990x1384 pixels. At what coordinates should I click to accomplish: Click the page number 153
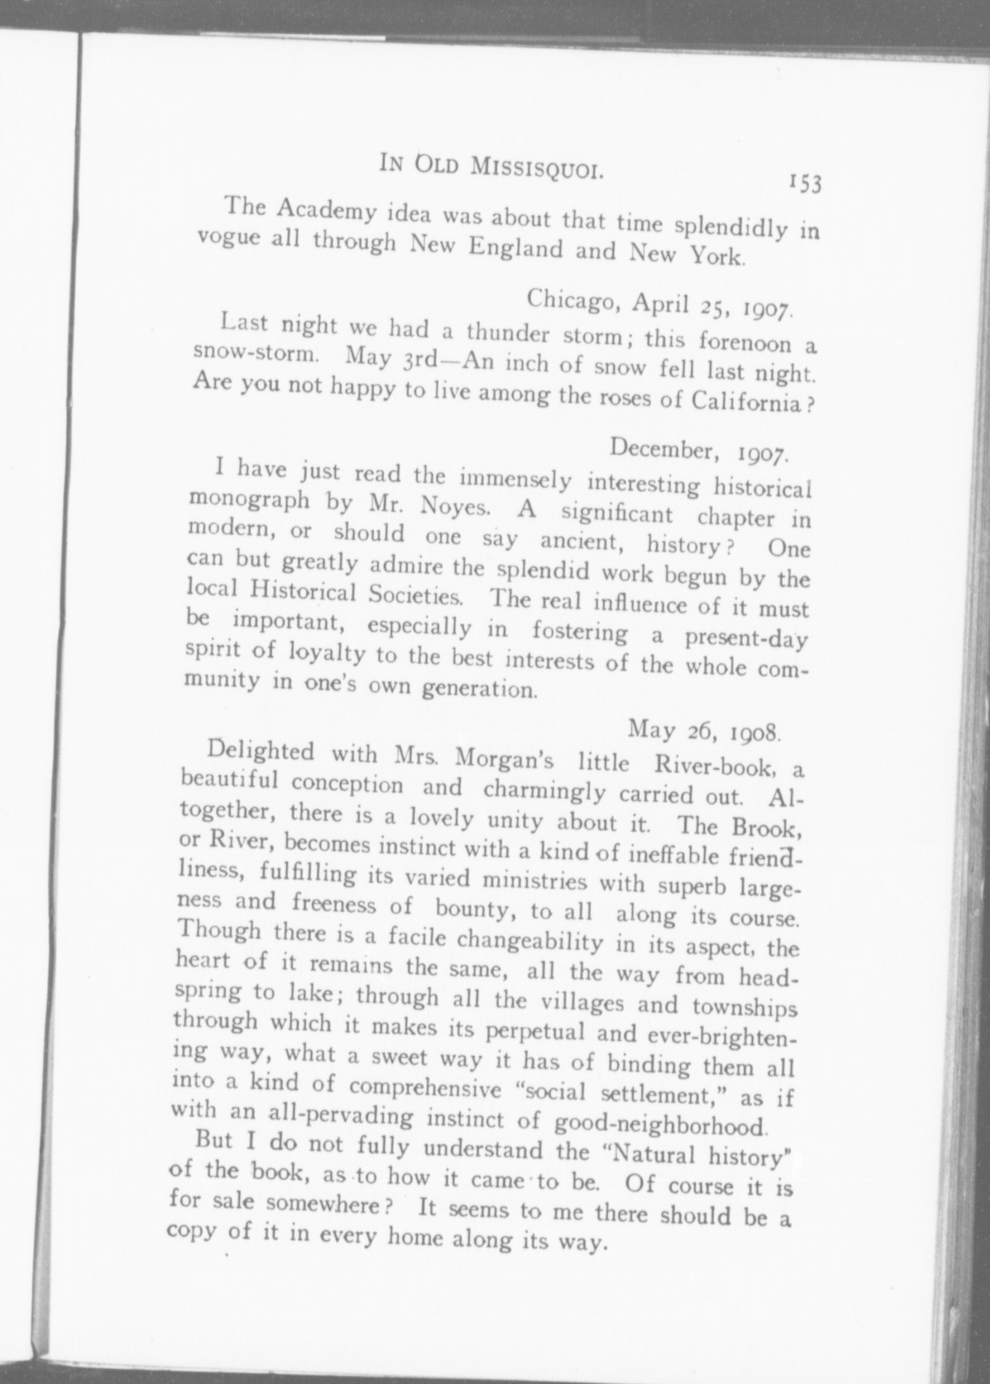click(803, 184)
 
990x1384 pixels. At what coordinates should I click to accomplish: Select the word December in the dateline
click(663, 448)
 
